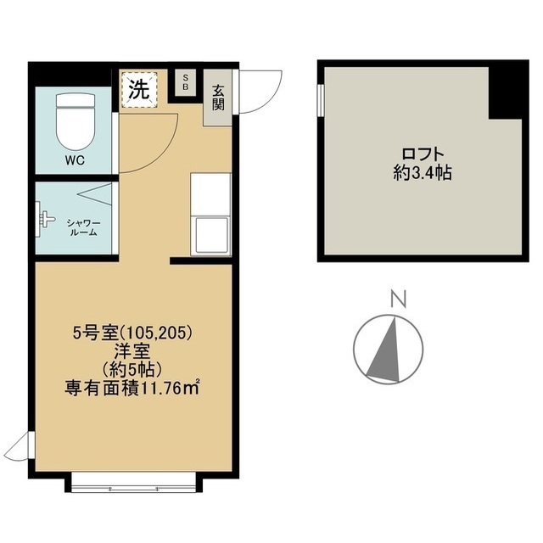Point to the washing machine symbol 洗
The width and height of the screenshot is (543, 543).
pos(138,87)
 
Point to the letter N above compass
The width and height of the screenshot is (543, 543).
pos(395,298)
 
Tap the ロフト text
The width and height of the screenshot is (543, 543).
pos(423,155)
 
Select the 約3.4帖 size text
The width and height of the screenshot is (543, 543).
pos(423,174)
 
